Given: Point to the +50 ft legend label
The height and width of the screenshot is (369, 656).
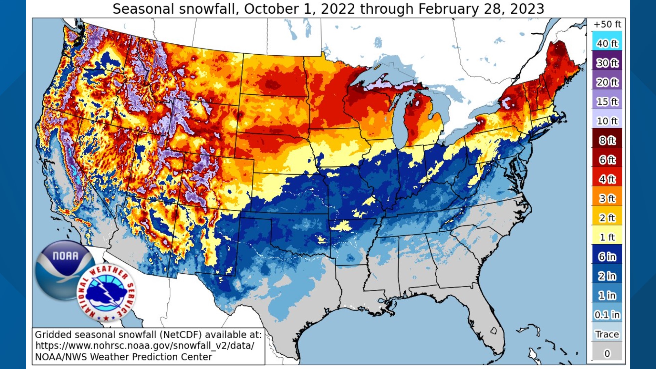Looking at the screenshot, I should pyautogui.click(x=607, y=24).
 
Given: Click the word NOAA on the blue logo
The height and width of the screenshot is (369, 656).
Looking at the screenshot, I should pyautogui.click(x=65, y=256).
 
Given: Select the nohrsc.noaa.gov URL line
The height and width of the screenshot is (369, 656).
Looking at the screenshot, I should pyautogui.click(x=145, y=345).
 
